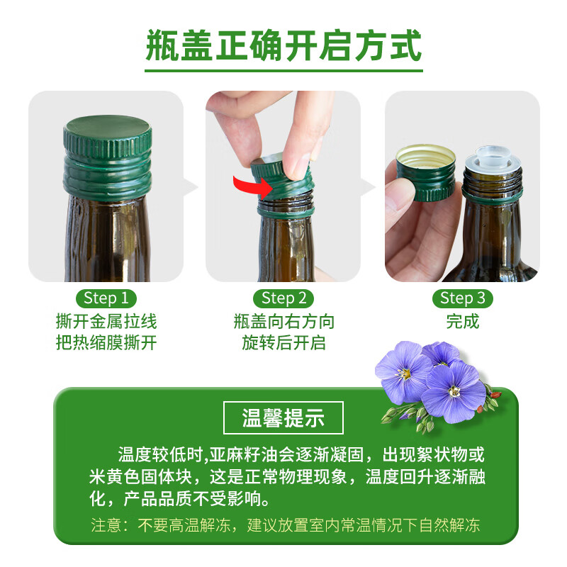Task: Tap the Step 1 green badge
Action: tap(106, 298)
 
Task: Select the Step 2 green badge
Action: tap(283, 298)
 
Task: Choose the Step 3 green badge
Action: tap(463, 298)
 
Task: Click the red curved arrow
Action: tap(252, 189)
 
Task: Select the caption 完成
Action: tap(463, 321)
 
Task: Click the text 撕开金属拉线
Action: tap(106, 321)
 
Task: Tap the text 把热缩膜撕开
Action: tap(106, 343)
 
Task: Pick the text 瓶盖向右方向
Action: tap(283, 321)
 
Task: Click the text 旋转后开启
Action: tap(283, 343)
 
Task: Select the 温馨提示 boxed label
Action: tap(283, 417)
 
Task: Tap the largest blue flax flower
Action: tap(453, 390)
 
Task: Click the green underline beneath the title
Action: tap(283, 70)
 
